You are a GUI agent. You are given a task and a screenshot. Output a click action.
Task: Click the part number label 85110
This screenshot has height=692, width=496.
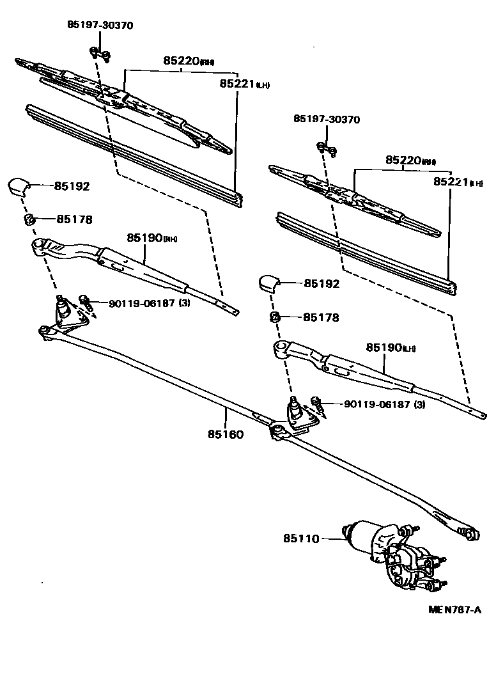tap(300, 539)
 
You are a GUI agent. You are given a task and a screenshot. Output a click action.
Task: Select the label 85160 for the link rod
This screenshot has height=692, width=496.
tap(226, 434)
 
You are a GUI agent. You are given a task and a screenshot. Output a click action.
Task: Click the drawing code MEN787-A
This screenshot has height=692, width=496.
tap(454, 609)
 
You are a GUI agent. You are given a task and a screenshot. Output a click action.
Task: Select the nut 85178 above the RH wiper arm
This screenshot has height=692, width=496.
tap(28, 219)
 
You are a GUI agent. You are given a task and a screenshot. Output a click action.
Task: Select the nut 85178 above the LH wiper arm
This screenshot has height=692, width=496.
tap(275, 317)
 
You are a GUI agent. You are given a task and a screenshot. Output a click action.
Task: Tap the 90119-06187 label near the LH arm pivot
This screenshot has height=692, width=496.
tap(384, 404)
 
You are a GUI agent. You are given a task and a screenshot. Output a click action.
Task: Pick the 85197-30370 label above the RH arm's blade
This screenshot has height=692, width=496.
tap(100, 25)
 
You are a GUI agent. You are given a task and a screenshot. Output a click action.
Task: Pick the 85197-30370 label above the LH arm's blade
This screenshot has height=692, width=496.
tap(327, 120)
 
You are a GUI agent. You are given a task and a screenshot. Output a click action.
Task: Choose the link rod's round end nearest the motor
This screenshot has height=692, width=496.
tap(470, 533)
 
